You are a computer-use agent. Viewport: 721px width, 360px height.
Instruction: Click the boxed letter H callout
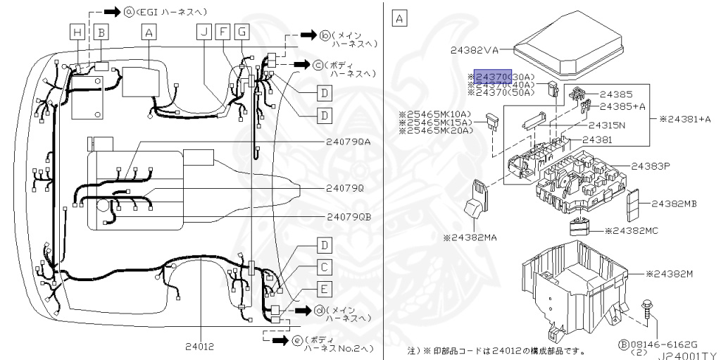(77, 32)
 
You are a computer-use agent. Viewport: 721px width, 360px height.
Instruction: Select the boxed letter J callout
(204, 32)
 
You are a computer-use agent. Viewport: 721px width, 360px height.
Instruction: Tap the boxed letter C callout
(324, 267)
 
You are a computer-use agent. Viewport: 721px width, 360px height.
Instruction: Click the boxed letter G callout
(242, 32)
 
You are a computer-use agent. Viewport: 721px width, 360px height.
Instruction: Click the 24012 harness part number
(201, 346)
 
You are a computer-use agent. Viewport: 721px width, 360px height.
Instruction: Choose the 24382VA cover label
(473, 50)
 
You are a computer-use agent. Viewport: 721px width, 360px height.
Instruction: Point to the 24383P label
(650, 166)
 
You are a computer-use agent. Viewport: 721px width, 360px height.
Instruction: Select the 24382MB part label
(673, 204)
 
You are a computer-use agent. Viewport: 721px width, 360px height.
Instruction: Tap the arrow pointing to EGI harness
(112, 12)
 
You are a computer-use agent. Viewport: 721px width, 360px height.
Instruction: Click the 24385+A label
(622, 106)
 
